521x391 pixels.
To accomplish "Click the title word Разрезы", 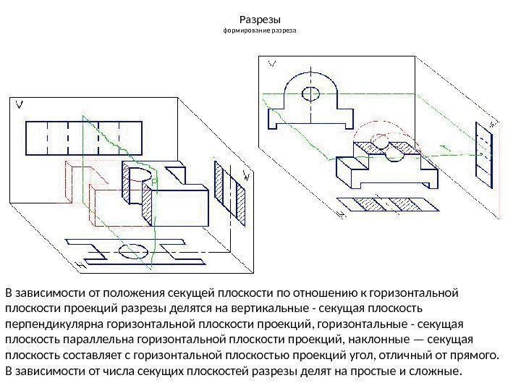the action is tap(260, 19).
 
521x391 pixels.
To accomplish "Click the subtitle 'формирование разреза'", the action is tap(260, 33).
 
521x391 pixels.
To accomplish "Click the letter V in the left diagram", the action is tap(20, 106).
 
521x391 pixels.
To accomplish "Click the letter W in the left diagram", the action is tap(246, 175).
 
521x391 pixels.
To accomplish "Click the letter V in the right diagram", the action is tap(272, 64).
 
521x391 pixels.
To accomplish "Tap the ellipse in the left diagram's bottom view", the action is tap(134, 251).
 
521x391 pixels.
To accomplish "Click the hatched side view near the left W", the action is tap(229, 190).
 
